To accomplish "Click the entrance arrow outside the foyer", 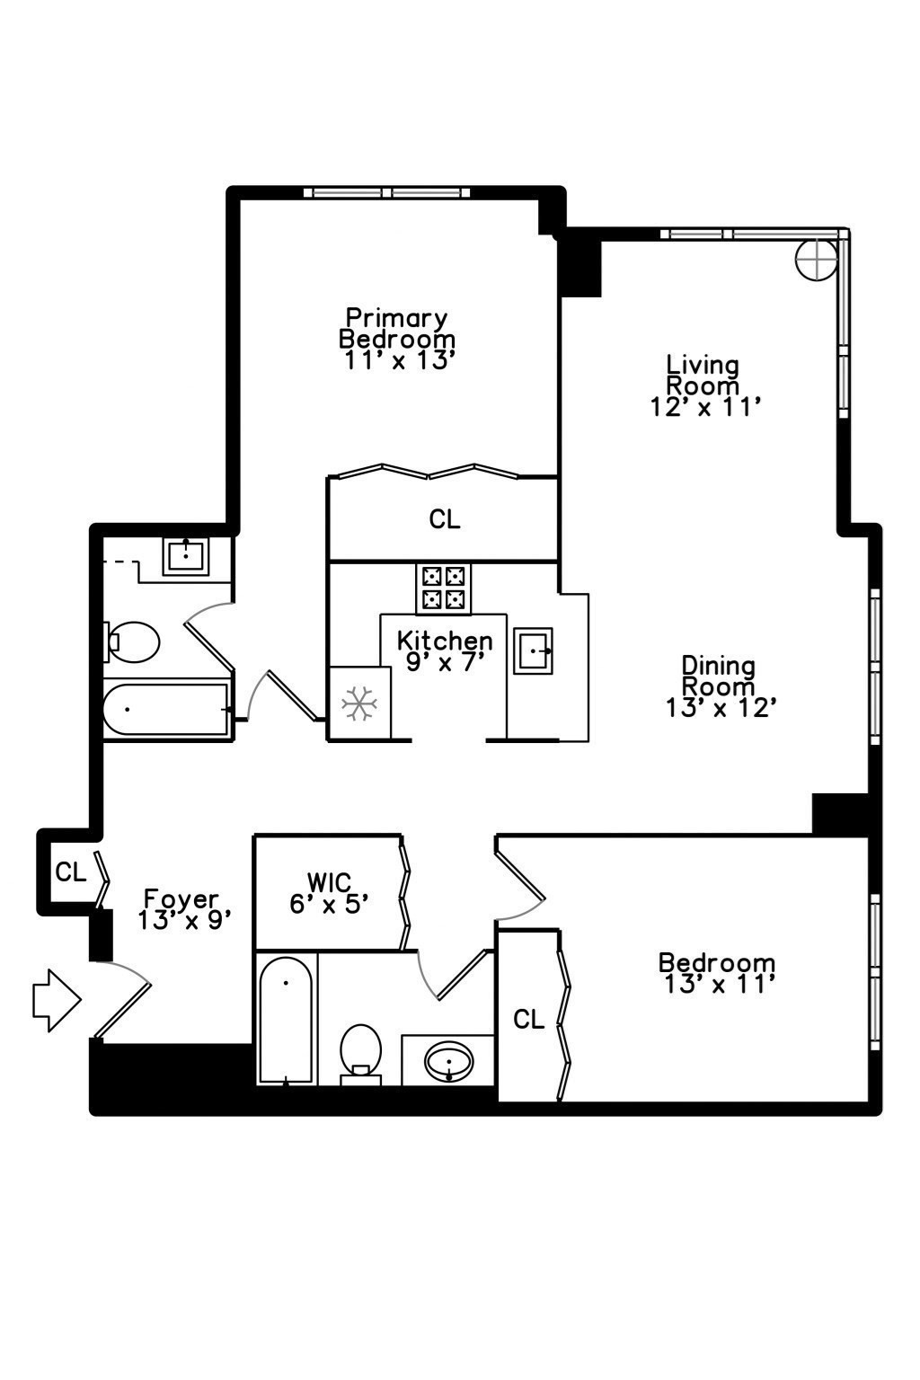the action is click(57, 1001).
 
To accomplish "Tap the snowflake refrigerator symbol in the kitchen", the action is click(359, 703).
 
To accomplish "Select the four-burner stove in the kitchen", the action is click(443, 588).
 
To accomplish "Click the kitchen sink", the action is click(533, 651).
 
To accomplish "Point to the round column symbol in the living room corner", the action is click(817, 259).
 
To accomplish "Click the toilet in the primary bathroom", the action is click(131, 642).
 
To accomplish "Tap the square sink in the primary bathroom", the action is click(185, 556).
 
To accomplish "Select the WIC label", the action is click(329, 882).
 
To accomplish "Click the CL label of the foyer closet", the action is click(71, 871).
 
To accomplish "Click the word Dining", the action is click(719, 666).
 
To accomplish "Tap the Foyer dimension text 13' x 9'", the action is click(183, 920).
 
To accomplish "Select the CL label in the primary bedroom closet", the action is click(445, 519).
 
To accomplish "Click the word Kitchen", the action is click(445, 641).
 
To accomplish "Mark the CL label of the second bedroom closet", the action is click(529, 1020).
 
